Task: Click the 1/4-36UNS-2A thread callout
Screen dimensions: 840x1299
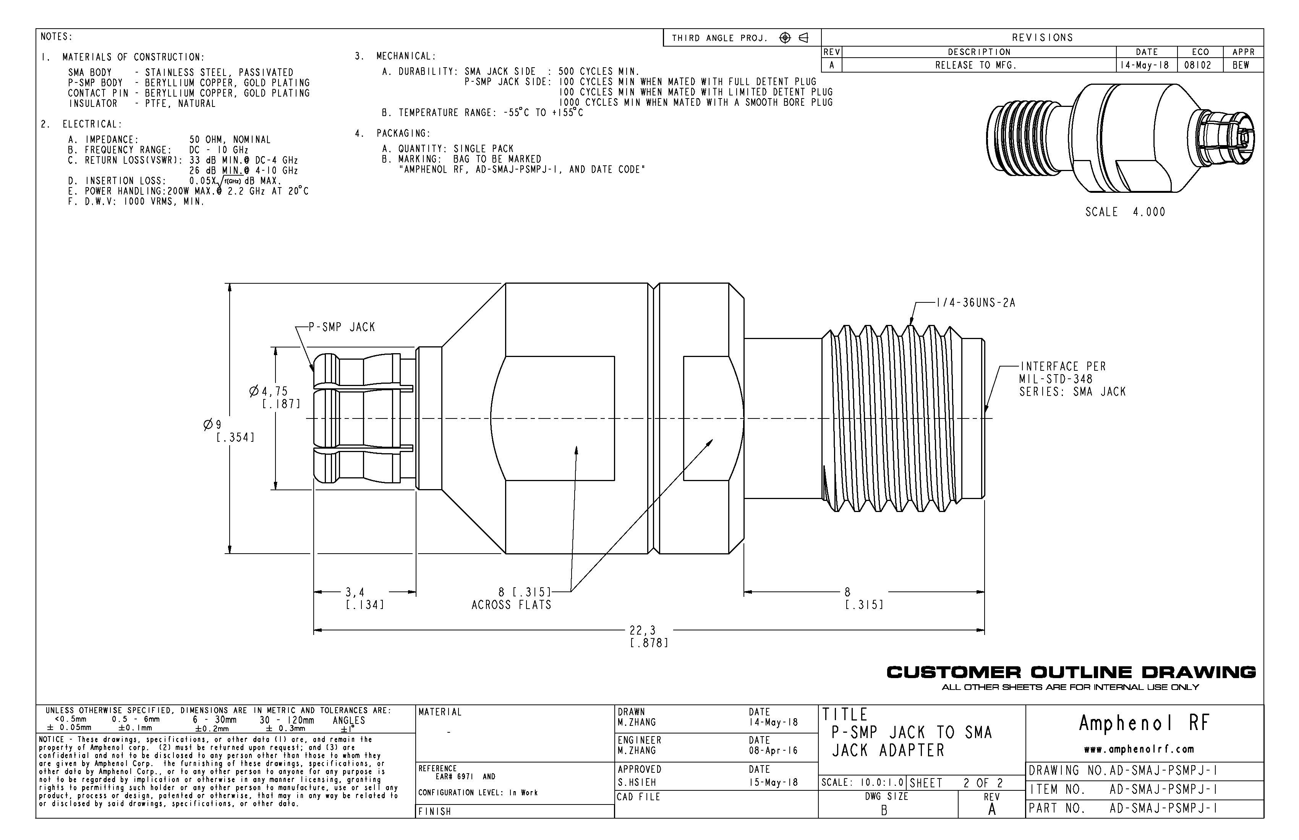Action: [x=975, y=303]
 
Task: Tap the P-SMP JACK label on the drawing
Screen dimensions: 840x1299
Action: [x=342, y=327]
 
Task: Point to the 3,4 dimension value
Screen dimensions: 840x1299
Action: [x=355, y=592]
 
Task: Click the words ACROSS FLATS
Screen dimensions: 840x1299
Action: [x=512, y=605]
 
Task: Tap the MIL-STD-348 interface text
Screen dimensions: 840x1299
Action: [x=1056, y=379]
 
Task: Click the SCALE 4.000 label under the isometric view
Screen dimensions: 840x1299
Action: [x=1125, y=212]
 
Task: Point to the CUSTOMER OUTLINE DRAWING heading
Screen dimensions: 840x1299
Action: [x=1071, y=672]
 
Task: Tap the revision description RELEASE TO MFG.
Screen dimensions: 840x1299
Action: [x=976, y=65]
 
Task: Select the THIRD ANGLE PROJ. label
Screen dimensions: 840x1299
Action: [x=719, y=38]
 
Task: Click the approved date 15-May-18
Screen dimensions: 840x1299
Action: [x=773, y=782]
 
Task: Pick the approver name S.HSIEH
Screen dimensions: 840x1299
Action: [x=637, y=782]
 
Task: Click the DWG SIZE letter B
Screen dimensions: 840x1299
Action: [x=884, y=811]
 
